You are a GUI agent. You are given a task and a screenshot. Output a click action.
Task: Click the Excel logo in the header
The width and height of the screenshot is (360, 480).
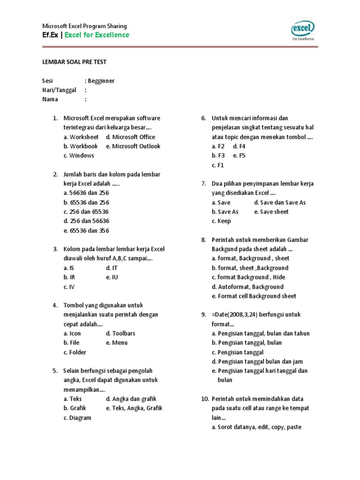coord(302,30)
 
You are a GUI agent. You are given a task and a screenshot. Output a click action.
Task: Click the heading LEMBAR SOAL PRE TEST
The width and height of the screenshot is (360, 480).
coord(75,62)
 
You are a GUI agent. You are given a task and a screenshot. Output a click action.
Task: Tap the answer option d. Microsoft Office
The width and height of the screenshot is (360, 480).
coord(129,137)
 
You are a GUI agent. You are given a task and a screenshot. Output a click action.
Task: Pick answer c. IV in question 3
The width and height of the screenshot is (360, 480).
coord(69,287)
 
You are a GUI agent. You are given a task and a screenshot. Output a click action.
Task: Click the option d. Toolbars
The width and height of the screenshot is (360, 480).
coord(120,333)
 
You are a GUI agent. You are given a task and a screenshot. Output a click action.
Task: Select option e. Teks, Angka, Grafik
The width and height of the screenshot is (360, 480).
coord(134,408)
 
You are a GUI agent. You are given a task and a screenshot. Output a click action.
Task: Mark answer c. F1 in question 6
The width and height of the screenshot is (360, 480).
coord(218,165)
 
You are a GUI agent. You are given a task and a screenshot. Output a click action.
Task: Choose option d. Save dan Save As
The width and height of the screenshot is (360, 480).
coord(280,202)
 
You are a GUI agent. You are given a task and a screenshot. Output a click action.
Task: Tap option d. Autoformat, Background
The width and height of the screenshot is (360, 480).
coord(247,287)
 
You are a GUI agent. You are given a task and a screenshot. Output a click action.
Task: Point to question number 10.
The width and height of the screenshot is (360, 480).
coord(205,399)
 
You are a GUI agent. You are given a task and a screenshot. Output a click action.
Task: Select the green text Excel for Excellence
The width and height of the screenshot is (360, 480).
coord(97,35)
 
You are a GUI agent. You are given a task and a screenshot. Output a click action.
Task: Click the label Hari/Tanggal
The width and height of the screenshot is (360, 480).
coord(59,90)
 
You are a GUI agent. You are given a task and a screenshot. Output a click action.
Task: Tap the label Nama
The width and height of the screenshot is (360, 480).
coord(50,99)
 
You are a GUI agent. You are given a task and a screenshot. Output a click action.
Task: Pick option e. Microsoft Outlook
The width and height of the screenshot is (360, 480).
coord(133,146)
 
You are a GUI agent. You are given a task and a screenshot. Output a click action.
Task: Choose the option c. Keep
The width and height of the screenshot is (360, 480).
coord(221,221)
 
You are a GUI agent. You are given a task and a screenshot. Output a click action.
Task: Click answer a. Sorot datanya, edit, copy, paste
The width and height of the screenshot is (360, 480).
coord(256,427)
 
